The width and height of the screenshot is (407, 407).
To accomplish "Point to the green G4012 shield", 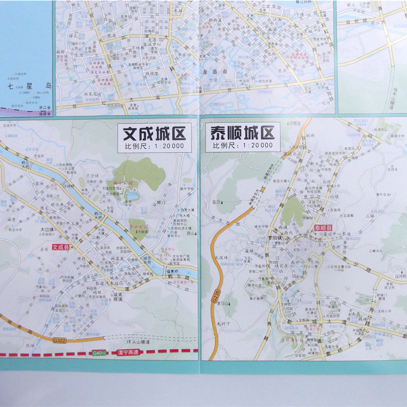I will click(99, 353).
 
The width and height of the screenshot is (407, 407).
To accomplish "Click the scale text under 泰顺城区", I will click(242, 146).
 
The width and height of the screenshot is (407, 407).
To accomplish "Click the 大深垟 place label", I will click(222, 257).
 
